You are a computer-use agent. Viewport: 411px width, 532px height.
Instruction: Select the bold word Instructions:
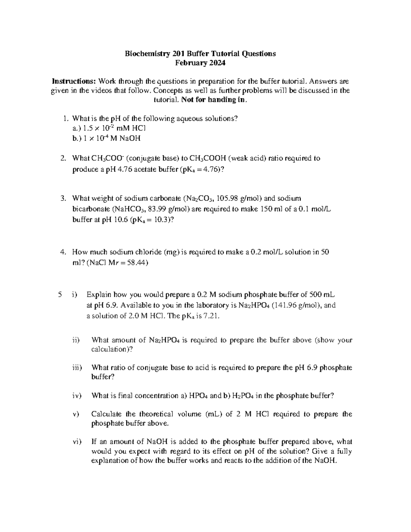click(x=74, y=81)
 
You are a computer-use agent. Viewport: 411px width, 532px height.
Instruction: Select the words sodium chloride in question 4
click(x=138, y=252)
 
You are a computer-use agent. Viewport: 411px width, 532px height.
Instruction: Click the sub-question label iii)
click(x=77, y=368)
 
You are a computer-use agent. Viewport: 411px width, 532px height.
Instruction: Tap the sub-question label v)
click(x=76, y=414)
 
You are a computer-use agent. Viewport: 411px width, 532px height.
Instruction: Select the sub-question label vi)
click(x=77, y=442)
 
